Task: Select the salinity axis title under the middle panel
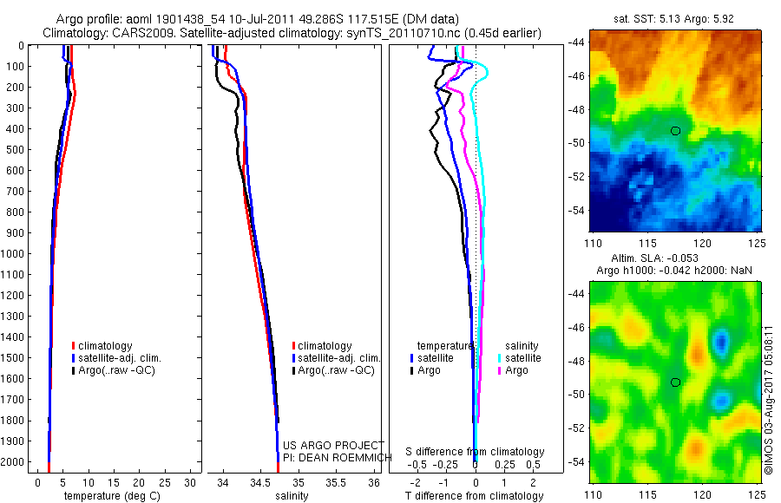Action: (291, 496)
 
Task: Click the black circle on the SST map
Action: (675, 130)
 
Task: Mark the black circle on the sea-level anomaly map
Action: (675, 382)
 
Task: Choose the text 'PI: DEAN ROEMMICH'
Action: (333, 456)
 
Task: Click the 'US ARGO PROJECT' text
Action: (333, 445)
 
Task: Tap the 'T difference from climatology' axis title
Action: (476, 496)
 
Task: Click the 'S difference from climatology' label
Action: (476, 452)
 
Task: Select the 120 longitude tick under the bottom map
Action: (703, 494)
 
